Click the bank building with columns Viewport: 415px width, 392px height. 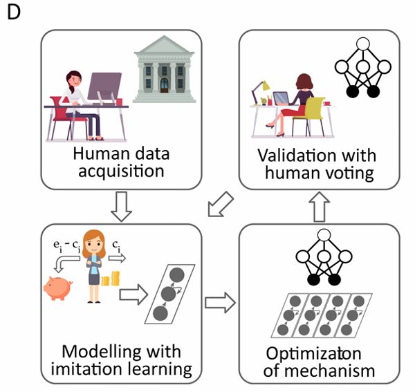tap(165, 71)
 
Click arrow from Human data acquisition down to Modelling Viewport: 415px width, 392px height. tap(122, 206)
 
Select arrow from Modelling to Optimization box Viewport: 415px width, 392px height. tap(220, 302)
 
